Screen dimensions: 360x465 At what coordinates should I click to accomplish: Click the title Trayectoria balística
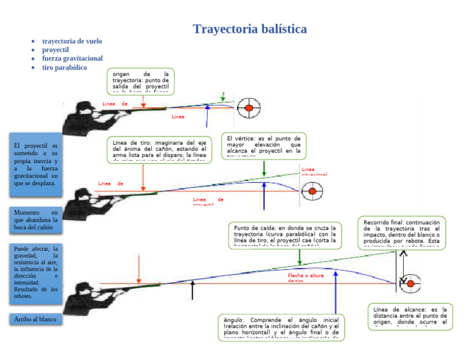pos(249,29)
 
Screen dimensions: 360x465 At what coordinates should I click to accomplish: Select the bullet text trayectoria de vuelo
pos(71,41)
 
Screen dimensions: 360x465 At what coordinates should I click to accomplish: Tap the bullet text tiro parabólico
pos(64,67)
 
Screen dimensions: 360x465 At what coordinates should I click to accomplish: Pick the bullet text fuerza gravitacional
pos(72,58)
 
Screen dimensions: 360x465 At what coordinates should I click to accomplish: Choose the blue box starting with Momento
pos(36,221)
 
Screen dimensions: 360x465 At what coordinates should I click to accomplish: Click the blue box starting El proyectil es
pos(36,164)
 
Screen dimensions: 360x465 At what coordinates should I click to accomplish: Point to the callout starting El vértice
pos(263,146)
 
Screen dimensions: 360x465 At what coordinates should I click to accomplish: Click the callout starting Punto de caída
pos(285,235)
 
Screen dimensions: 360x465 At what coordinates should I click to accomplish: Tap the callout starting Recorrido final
pos(402,233)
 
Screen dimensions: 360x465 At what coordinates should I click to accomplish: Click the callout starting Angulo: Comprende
pos(281,328)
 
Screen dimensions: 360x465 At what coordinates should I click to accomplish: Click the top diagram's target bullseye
pos(248,108)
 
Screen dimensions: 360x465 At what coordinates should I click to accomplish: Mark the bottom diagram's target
pos(410,283)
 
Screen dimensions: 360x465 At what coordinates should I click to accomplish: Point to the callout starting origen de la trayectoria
pos(140,81)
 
